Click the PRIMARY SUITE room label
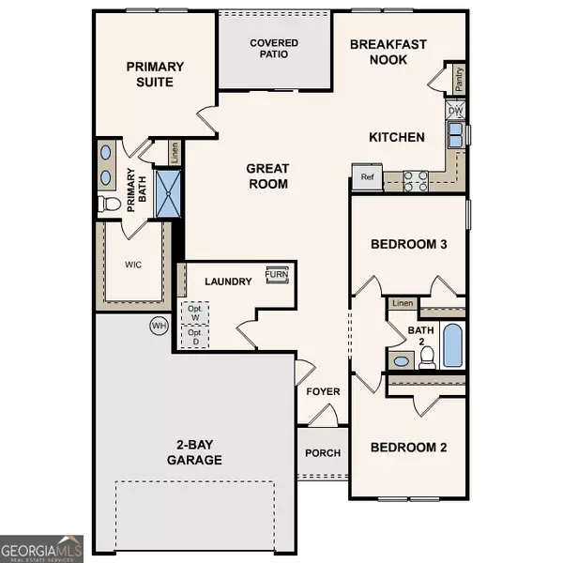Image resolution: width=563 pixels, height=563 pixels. click(x=157, y=74)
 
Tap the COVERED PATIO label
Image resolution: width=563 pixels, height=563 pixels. click(x=274, y=49)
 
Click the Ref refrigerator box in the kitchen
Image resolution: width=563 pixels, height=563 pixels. click(x=365, y=176)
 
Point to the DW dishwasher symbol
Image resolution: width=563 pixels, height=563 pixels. click(x=456, y=111)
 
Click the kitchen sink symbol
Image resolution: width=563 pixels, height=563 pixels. click(x=456, y=137)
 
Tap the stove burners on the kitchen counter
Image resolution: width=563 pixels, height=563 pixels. click(x=416, y=179)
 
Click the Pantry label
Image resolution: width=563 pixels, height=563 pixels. click(x=459, y=82)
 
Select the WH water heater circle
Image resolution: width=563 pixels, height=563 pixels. click(x=158, y=326)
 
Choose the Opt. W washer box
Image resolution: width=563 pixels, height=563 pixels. click(x=196, y=312)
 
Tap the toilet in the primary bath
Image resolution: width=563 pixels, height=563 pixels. click(x=110, y=203)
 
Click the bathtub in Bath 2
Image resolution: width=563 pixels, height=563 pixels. click(x=451, y=346)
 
